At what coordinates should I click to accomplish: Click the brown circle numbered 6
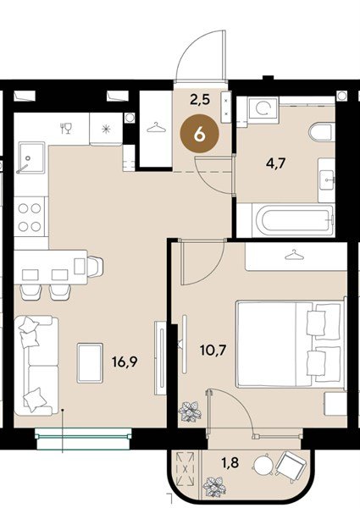pos(199,134)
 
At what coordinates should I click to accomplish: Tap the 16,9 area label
pos(125,362)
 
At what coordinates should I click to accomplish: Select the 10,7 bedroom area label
pos(213,351)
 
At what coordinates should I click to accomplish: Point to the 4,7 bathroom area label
pos(275,163)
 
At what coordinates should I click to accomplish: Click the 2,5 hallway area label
pos(200,100)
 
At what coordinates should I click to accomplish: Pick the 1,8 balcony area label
pos(230,462)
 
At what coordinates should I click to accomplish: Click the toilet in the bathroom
pos(321,132)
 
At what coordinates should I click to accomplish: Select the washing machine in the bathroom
pos(263,109)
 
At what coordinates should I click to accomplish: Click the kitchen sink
pos(30,157)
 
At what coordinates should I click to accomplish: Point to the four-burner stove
pos(30,217)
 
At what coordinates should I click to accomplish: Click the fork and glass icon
pos(66,129)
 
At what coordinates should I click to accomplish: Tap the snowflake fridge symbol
pos(106,130)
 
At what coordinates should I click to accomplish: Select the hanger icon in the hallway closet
pos(156,127)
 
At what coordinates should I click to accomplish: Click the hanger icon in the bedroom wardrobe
pos(294,255)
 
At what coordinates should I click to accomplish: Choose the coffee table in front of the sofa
pos(90,363)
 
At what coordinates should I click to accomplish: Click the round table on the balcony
pos(263,467)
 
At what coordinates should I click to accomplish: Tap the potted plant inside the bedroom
pos(190,411)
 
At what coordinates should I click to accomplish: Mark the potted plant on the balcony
pos(214,487)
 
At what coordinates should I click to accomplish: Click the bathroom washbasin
pos(326,179)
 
